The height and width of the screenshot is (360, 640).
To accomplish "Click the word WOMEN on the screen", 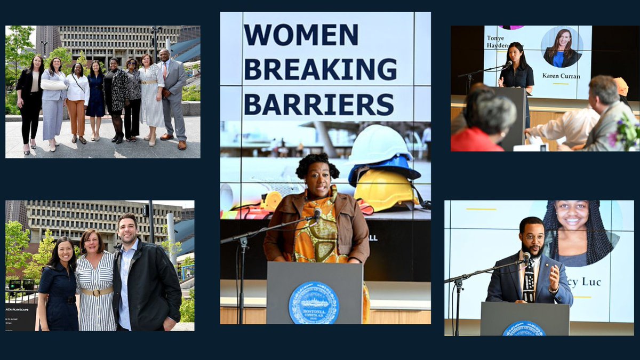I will click(301, 35).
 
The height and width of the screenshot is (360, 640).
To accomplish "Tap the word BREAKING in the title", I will click(320, 69).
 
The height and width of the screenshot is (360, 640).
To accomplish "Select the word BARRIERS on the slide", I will click(318, 104).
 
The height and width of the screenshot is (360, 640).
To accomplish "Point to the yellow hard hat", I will click(386, 189).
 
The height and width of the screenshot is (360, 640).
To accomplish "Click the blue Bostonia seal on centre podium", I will click(314, 302).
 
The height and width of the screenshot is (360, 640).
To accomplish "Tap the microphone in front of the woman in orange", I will click(317, 214).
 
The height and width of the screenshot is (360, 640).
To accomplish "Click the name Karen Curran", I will click(561, 76).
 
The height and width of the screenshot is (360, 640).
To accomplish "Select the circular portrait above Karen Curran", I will click(562, 47).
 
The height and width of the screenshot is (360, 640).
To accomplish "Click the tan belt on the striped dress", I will click(97, 291).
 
